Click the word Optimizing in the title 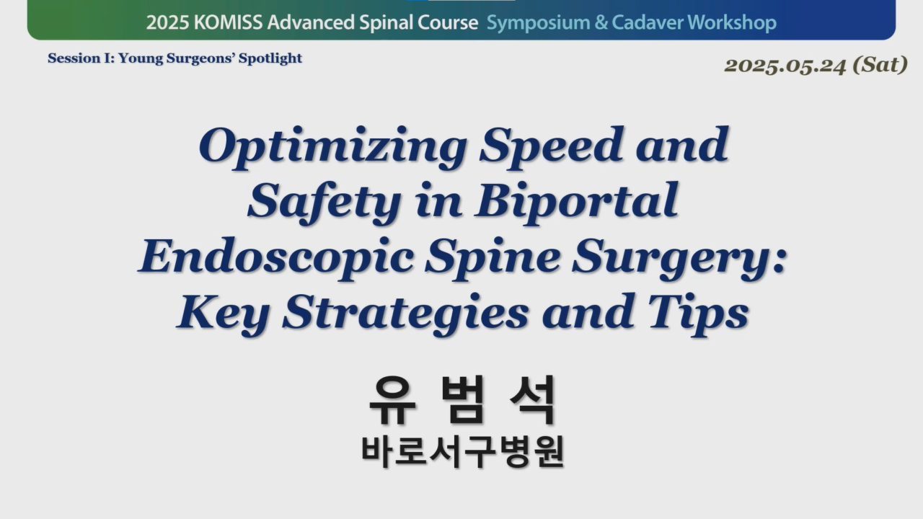pos(333,148)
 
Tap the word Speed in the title pos(551,148)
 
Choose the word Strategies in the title pos(406,314)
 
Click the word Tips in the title pos(698,314)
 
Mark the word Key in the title pos(224,314)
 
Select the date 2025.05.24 pos(785,66)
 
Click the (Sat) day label pos(880,65)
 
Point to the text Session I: pos(81,58)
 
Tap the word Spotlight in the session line pos(270,58)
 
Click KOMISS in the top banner pos(228,22)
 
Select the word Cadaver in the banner pos(648,22)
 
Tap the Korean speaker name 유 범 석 pos(462,400)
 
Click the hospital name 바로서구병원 pos(462,452)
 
